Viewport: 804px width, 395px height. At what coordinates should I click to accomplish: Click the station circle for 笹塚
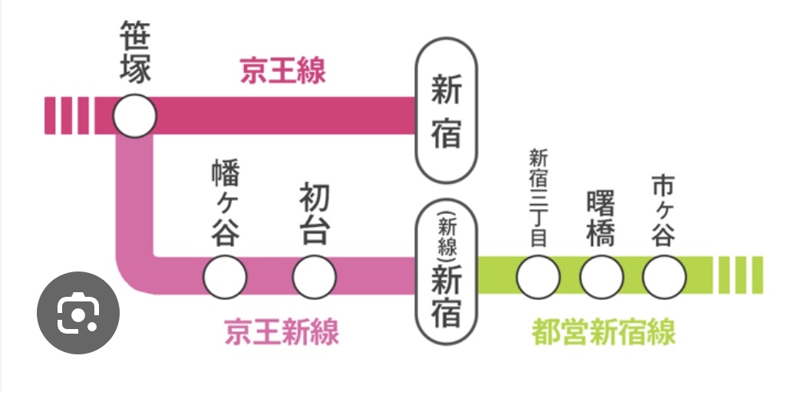135,117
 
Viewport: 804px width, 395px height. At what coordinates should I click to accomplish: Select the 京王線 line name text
283,71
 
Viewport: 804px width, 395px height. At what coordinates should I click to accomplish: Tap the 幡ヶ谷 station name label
225,203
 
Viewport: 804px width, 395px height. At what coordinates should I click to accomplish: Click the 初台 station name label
315,216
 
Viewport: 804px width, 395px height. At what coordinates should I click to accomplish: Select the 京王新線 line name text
282,333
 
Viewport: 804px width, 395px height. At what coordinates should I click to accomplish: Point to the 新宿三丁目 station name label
539,198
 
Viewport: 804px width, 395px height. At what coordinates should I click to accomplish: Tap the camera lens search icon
78,313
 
